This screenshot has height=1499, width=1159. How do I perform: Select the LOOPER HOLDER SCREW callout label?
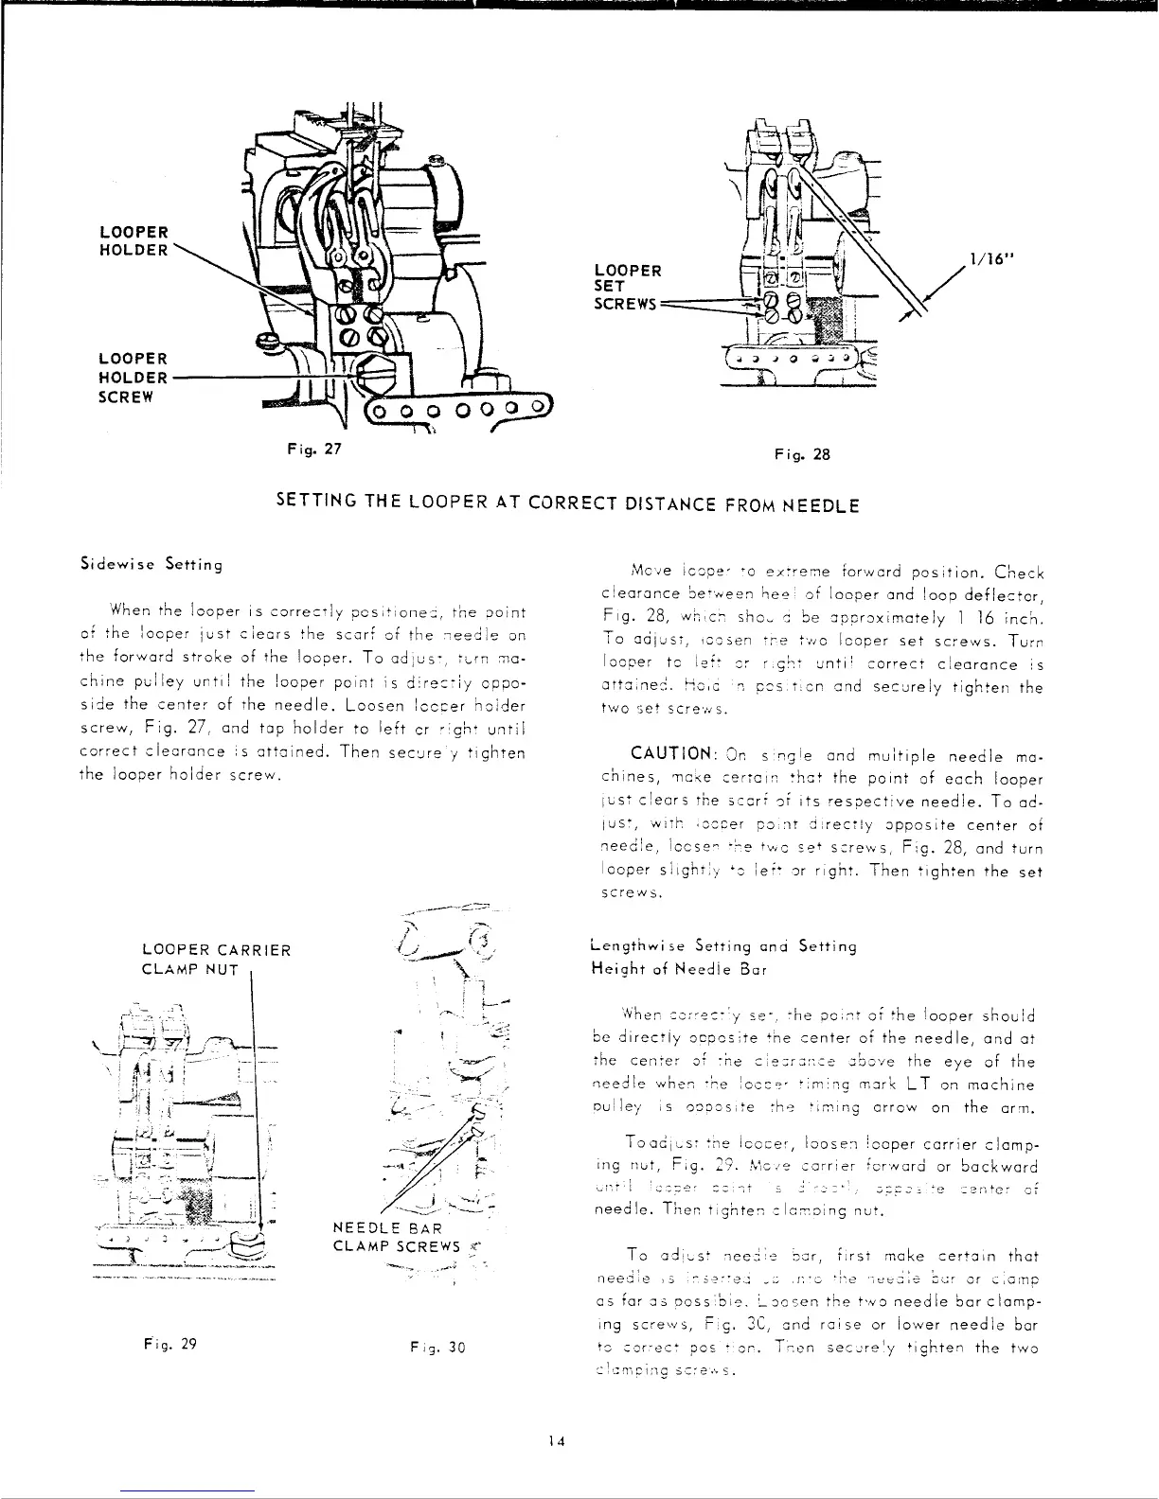134,378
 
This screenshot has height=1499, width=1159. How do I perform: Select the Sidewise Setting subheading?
151,565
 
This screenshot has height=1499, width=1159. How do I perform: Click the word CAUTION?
671,753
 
